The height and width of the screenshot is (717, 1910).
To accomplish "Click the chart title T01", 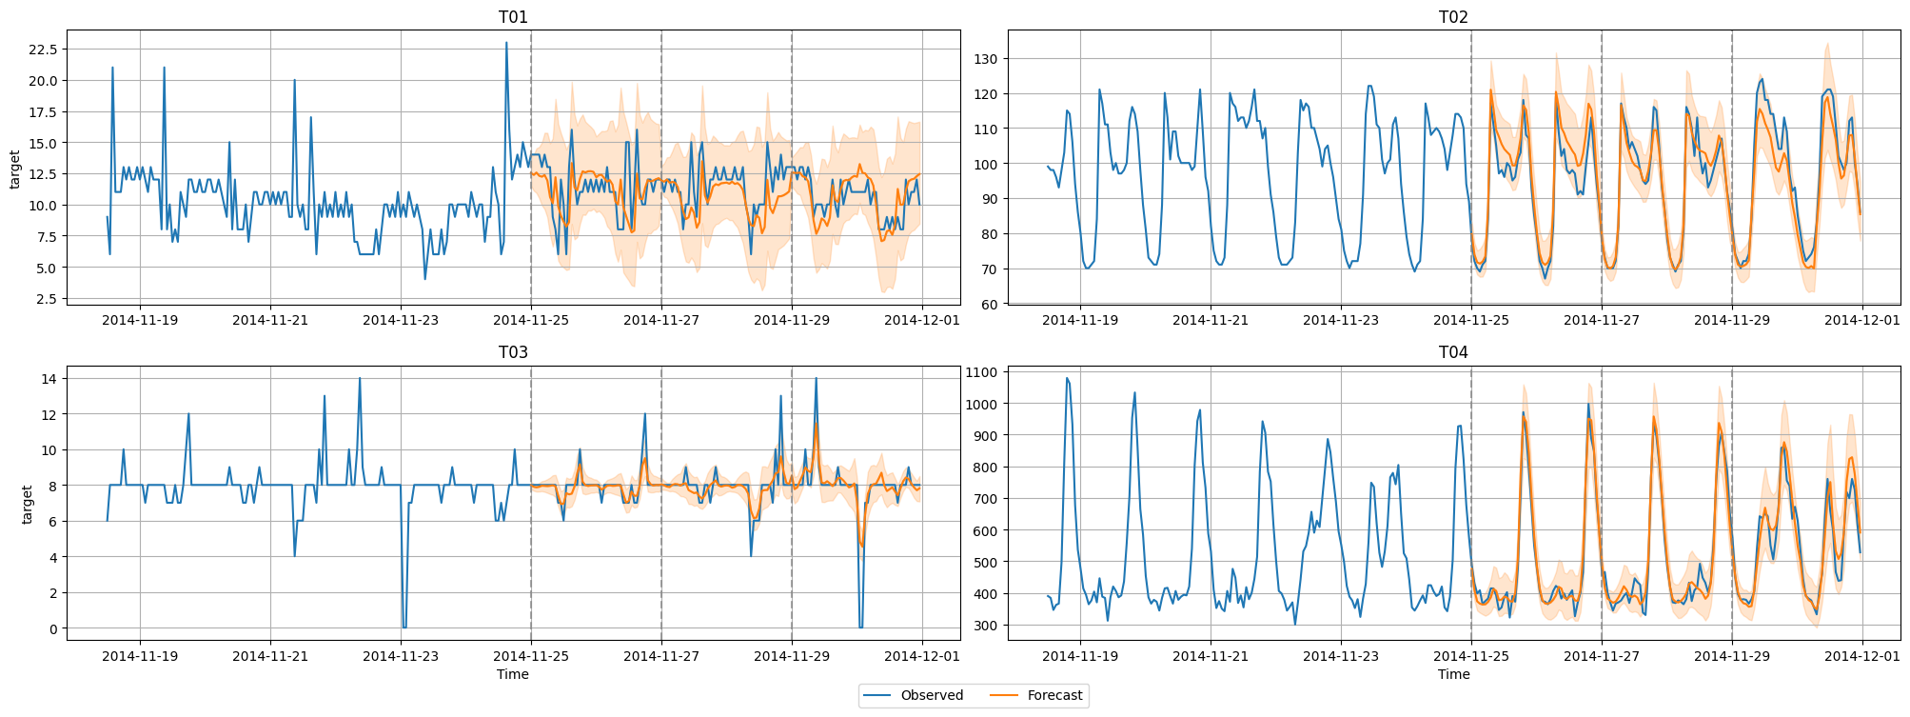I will (x=513, y=17).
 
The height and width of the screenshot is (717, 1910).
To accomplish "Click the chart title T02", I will (x=1453, y=17).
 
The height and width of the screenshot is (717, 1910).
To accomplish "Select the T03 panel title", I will (x=513, y=352).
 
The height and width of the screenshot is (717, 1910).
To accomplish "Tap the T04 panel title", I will (x=1453, y=352).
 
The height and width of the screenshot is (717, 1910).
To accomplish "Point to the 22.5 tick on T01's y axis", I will (x=44, y=50).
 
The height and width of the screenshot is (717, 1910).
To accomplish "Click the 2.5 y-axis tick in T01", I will (x=48, y=299).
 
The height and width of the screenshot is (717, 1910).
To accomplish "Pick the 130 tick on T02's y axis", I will (x=986, y=59).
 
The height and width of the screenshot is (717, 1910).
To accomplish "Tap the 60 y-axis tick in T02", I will (x=990, y=305).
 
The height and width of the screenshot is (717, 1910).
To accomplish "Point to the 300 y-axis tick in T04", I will (x=986, y=626).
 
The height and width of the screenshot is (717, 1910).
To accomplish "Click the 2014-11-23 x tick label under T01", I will (x=401, y=320).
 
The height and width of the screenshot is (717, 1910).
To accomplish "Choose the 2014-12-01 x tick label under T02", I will (x=1861, y=320).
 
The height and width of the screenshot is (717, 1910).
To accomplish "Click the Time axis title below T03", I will (x=513, y=674).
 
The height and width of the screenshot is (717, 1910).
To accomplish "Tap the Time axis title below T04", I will (x=1453, y=674).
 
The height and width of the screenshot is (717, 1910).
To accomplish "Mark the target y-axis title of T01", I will (x=15, y=169).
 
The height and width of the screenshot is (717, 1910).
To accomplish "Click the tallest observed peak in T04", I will (x=1067, y=378).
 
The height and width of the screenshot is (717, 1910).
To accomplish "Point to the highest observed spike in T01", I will (x=506, y=43).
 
